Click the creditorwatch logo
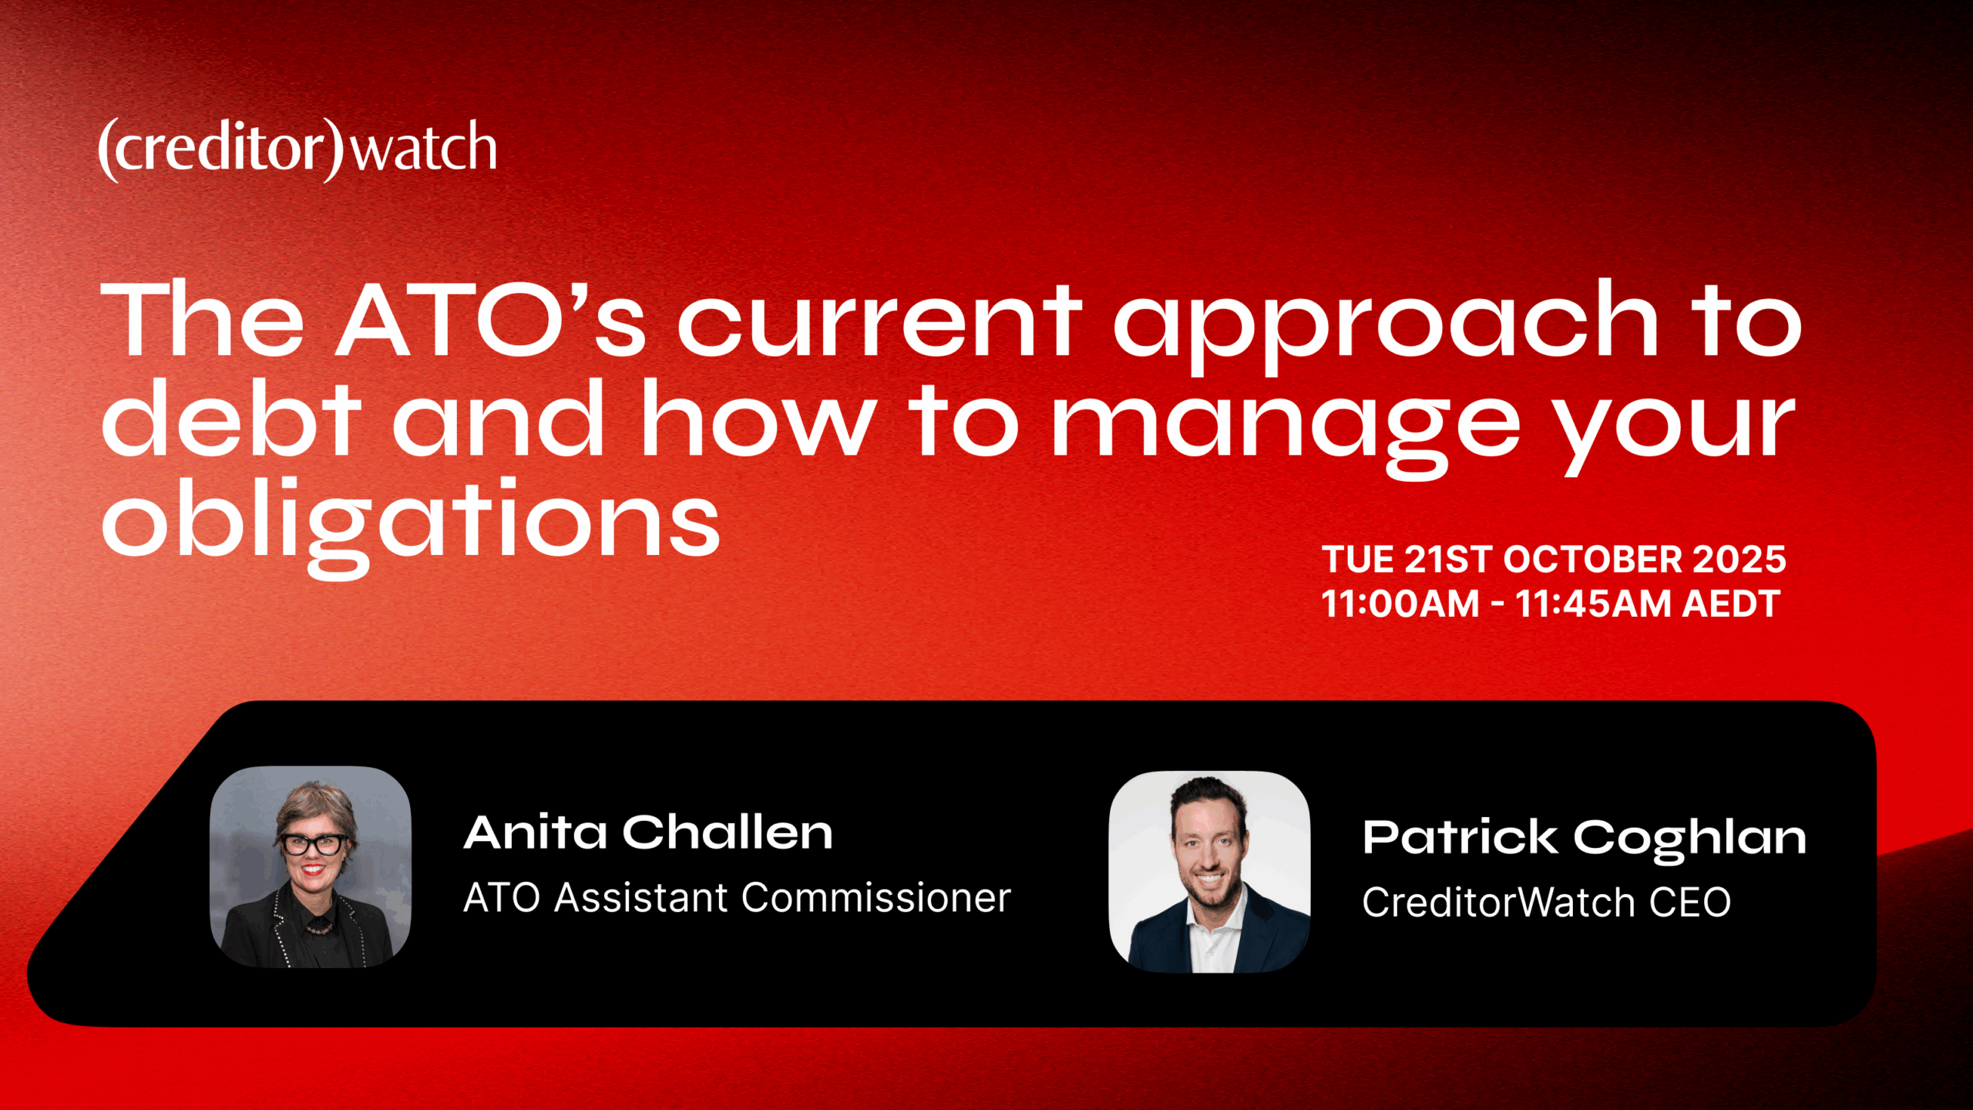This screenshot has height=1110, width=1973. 297,150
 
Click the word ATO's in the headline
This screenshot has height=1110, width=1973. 491,319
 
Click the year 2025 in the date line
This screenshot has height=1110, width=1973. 1739,560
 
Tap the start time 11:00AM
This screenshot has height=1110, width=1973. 1400,604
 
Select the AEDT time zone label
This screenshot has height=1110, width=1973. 1731,604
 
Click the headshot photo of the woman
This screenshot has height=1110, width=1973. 311,866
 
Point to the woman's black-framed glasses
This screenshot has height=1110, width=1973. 314,844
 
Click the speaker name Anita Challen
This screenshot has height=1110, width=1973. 648,832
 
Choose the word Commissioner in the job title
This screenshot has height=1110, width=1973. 876,898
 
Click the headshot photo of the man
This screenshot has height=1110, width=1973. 1209,872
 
